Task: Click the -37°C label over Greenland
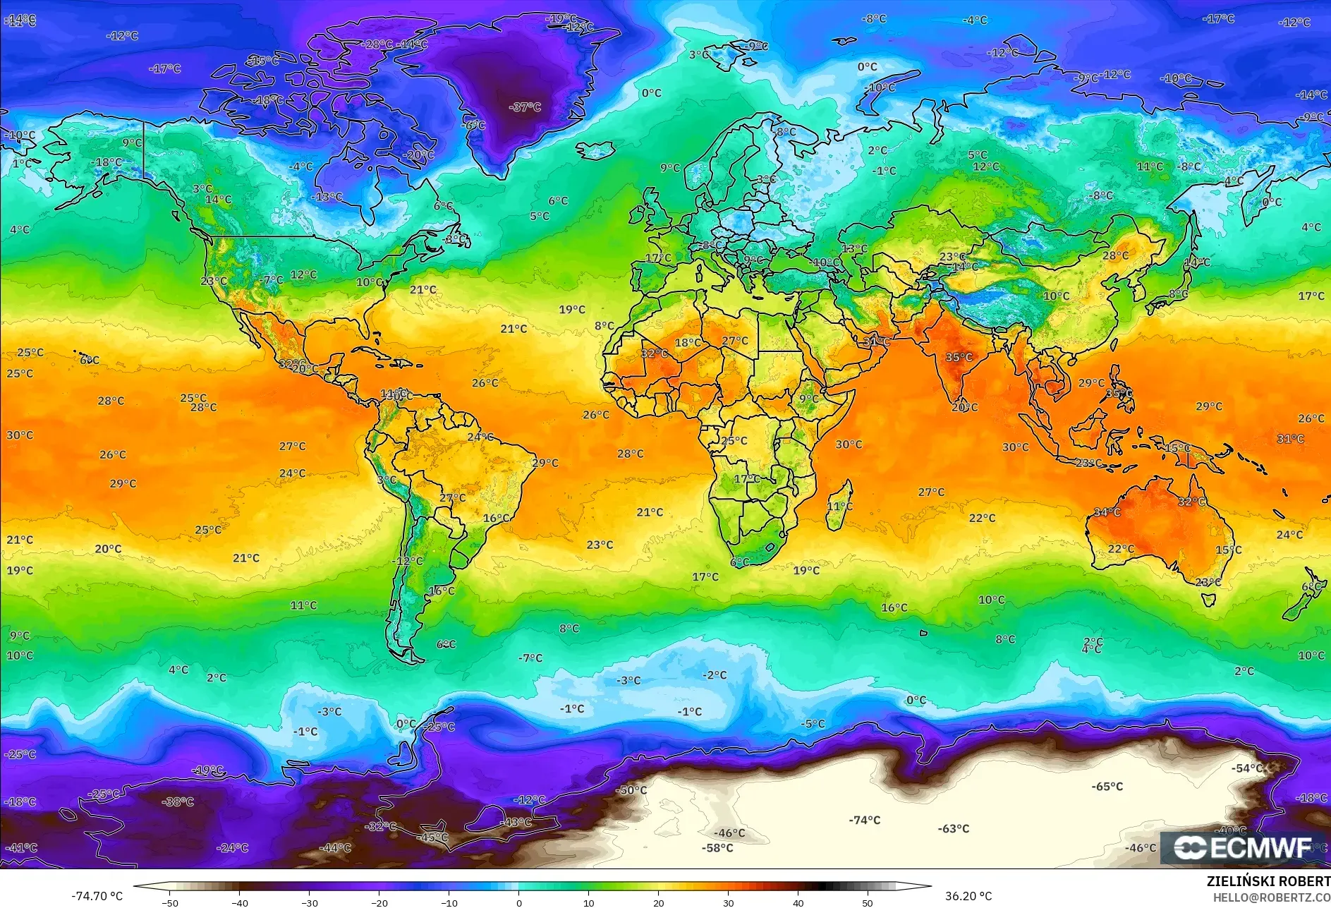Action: [525, 107]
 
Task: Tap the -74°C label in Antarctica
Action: [865, 820]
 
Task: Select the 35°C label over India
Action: [959, 357]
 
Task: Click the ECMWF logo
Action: [1243, 847]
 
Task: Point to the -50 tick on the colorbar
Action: [170, 902]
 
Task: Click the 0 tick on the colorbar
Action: [519, 902]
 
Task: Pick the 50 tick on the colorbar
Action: [868, 902]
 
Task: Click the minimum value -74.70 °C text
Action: [97, 896]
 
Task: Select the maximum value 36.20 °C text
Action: [968, 896]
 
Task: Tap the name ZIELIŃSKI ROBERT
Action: [1268, 881]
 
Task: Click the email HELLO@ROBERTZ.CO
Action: [1271, 897]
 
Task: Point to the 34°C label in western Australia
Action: [1107, 512]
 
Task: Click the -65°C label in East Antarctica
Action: [1107, 786]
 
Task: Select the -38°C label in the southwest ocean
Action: [178, 801]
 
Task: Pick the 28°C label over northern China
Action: [1115, 255]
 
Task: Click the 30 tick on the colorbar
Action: [728, 902]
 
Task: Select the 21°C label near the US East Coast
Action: [423, 289]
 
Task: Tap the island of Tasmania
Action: [1208, 600]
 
